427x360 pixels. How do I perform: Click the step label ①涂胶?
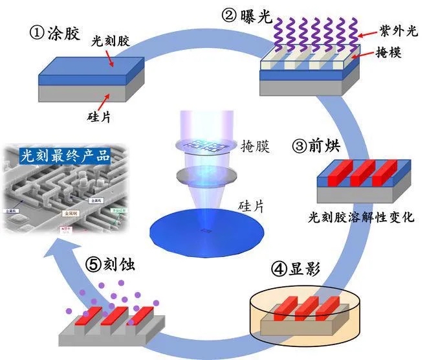point(56,34)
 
